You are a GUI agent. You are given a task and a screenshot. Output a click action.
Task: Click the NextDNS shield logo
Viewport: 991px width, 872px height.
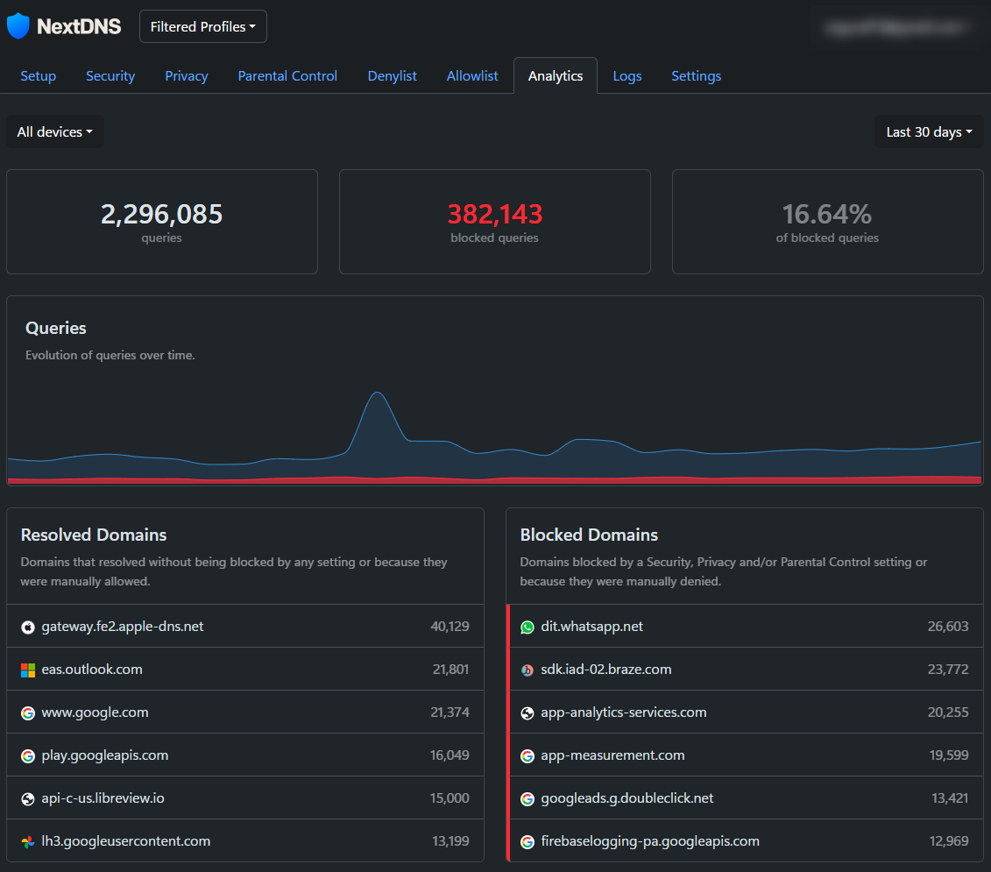[18, 26]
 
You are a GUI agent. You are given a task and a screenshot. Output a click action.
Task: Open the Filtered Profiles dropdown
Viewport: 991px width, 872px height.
[203, 26]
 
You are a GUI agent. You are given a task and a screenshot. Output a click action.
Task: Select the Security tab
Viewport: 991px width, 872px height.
[110, 76]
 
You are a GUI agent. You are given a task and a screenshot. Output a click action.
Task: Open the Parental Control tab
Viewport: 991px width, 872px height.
[287, 76]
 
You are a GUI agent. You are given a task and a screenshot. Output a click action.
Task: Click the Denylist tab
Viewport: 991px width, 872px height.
[392, 76]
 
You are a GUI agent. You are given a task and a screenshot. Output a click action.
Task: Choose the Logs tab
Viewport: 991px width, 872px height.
[627, 76]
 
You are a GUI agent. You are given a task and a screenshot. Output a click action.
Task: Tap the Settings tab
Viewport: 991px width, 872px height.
[696, 76]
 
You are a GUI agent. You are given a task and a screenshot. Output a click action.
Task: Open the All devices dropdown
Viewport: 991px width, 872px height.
[55, 132]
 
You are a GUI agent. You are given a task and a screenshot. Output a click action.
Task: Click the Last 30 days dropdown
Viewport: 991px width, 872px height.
[929, 132]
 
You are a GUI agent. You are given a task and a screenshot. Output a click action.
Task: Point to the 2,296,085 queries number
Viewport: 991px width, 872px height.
[162, 214]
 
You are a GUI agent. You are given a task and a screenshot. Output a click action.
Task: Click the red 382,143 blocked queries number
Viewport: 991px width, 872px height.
[495, 214]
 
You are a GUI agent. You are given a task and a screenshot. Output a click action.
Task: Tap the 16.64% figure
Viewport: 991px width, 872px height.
[827, 214]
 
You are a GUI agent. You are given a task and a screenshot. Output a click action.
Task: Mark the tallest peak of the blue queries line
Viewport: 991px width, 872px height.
[377, 393]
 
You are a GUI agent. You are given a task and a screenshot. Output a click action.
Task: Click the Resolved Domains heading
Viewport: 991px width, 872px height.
[94, 535]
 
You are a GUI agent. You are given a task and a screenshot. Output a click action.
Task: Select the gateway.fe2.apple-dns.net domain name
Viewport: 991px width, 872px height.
[123, 627]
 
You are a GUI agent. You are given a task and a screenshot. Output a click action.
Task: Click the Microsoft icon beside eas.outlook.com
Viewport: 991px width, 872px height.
[28, 670]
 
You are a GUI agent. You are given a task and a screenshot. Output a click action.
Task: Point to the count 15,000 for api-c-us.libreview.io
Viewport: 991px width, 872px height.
[449, 798]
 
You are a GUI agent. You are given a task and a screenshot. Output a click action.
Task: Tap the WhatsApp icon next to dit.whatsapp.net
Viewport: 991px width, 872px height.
[527, 627]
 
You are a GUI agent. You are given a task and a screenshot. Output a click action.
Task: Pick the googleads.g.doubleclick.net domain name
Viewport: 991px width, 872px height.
[627, 798]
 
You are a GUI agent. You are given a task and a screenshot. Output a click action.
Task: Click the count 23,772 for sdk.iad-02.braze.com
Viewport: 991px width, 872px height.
[948, 670]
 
